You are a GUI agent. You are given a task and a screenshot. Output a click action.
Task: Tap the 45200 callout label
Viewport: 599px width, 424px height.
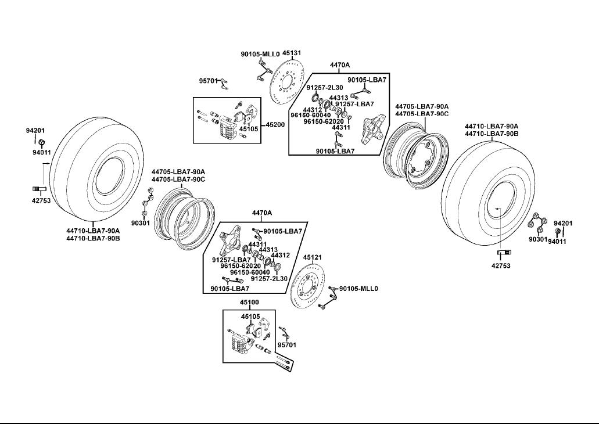(275, 125)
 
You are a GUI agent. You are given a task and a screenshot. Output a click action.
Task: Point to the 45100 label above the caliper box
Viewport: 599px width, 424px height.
(249, 303)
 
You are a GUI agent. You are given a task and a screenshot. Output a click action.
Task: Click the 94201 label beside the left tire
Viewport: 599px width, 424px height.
(35, 131)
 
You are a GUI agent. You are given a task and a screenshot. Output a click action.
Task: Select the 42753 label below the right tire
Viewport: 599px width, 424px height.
(501, 266)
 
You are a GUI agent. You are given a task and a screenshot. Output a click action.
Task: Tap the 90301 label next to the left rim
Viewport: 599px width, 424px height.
(141, 222)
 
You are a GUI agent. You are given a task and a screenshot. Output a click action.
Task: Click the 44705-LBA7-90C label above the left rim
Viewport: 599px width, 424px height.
(178, 179)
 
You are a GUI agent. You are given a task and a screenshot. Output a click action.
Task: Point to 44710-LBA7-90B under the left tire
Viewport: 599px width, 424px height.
(93, 238)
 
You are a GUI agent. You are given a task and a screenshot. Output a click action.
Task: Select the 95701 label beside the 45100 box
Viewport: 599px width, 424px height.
(287, 345)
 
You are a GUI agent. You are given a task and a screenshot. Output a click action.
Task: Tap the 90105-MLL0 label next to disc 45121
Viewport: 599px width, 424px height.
(358, 289)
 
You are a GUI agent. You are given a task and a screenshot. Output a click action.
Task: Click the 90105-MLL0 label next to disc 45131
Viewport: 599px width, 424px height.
(260, 54)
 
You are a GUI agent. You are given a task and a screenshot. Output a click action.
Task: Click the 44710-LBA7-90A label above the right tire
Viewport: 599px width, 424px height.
(492, 126)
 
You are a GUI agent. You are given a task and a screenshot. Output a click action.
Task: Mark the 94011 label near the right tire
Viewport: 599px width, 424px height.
(557, 241)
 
